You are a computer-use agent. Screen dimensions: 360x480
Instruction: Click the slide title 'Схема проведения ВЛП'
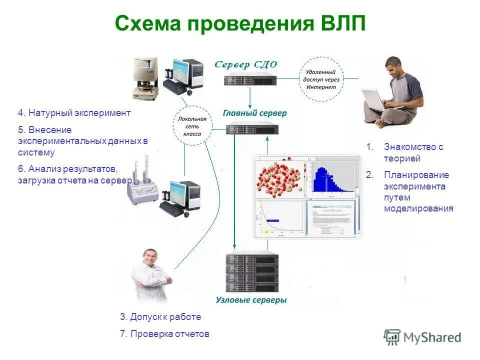coord(240,24)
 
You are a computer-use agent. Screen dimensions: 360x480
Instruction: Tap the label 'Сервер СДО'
coord(245,64)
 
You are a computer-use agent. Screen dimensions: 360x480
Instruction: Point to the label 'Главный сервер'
coord(254,113)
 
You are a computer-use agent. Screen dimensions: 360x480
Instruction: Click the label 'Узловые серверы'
coord(251,300)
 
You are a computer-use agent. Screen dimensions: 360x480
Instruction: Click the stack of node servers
coord(251,272)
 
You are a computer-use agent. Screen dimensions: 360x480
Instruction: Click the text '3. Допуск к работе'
coord(160,317)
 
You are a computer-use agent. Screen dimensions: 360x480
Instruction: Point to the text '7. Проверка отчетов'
coord(164,334)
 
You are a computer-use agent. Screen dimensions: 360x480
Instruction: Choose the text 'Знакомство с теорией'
coord(413,152)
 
